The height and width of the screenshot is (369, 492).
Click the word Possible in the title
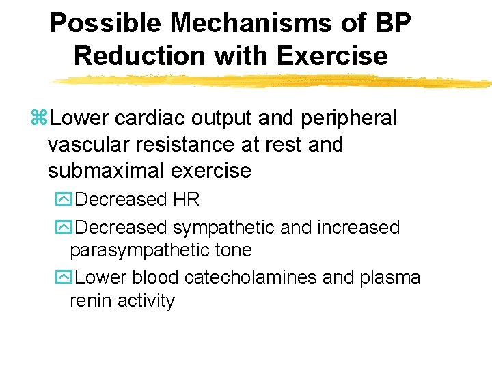click(105, 24)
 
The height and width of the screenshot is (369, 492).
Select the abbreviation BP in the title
click(394, 24)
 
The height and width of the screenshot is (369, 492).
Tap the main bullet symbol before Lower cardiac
click(39, 119)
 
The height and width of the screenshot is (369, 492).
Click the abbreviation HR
click(187, 200)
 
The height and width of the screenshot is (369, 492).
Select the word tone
click(232, 251)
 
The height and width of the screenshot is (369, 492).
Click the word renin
click(92, 301)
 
